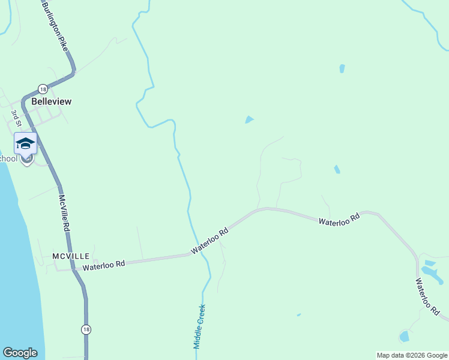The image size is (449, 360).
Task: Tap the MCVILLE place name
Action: pos(71,256)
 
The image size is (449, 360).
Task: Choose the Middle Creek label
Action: pos(199,326)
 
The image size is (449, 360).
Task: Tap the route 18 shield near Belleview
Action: pos(42,88)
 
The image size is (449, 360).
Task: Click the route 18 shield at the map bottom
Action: pos(86,329)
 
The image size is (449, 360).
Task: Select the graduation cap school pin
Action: pos(25,144)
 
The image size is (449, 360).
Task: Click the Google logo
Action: pos(20,353)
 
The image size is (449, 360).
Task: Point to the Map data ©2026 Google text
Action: pos(412,355)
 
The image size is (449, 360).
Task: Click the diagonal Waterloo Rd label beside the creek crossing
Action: pos(210,240)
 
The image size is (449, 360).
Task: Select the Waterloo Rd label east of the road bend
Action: pos(339,219)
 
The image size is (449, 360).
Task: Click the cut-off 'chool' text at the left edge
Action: pos(8,158)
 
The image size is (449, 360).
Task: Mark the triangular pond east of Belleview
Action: pos(249,120)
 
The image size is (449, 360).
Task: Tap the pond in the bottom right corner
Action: pos(405,336)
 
